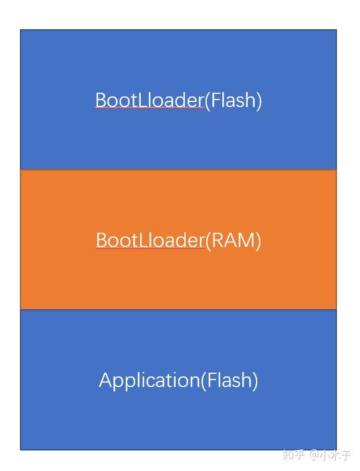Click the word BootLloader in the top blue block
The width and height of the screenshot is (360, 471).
coord(149,100)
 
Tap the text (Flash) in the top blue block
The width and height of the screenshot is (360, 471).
coord(233,100)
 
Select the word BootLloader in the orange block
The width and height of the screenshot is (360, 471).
coord(150,240)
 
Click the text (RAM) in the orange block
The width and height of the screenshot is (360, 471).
coord(233,240)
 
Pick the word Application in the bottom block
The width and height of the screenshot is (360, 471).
coord(149,380)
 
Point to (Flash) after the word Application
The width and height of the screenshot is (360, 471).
coord(229,380)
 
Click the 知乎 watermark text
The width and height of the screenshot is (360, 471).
coord(293,455)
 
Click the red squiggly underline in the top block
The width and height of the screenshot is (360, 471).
coord(149,108)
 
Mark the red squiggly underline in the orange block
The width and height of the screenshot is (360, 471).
coord(150,249)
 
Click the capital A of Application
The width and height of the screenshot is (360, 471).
coord(105,380)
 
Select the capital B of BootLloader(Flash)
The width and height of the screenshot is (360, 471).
coord(101,100)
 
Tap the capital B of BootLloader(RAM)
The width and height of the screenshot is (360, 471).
coord(102,240)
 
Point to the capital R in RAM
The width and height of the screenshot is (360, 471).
coord(217,240)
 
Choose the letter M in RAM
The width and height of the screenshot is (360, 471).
coord(246,240)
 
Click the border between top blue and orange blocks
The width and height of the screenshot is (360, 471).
coord(178,169)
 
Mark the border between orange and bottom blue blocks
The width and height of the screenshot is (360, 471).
coord(178,309)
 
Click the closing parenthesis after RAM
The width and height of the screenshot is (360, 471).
coord(258,241)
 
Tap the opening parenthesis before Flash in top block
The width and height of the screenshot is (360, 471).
coord(207,100)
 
